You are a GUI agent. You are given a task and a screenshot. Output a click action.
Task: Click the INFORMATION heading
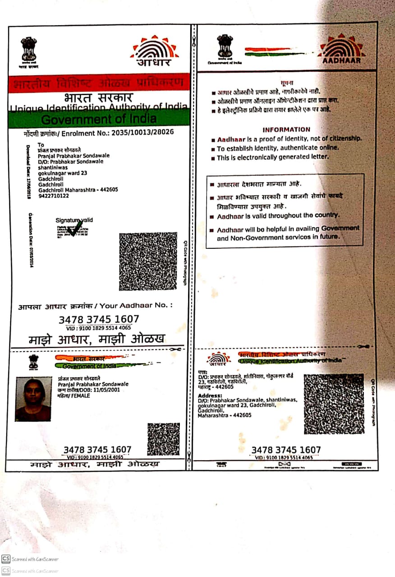pos(286,129)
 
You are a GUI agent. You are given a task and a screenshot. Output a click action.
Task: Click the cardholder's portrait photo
pos(33,399)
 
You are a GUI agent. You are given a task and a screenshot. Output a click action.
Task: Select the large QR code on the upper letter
pos(148,261)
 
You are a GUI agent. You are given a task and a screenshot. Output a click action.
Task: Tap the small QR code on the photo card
pos(163,439)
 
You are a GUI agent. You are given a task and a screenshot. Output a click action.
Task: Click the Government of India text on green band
pos(99,119)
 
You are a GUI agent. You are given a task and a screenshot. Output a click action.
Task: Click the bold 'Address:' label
pos(210,395)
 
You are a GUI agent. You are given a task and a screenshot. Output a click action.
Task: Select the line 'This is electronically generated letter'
pos(273,158)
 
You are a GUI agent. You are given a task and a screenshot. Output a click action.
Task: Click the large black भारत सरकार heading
pos(98,97)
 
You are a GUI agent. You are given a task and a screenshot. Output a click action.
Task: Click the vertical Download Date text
pos(28,171)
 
